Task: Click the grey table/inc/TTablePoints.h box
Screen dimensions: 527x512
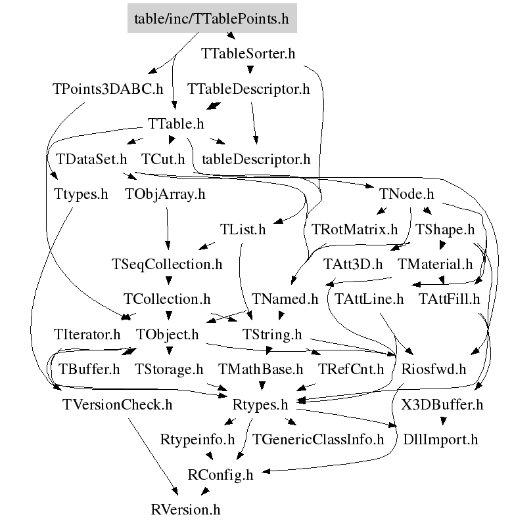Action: [x=212, y=18]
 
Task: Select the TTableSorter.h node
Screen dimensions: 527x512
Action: [x=247, y=54]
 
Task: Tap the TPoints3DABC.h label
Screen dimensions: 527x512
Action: [x=107, y=89]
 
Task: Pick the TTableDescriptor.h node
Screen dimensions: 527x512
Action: [x=248, y=89]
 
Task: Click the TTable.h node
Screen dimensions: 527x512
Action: [x=175, y=124]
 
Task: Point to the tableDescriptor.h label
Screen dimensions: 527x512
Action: [x=256, y=159]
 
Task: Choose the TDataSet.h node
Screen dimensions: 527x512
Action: [x=91, y=159]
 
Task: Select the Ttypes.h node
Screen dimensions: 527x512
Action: [x=81, y=194]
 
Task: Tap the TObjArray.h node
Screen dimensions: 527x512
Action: [x=165, y=194]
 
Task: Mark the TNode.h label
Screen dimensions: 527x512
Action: [x=407, y=194]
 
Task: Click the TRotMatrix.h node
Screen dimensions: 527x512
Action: [x=355, y=230]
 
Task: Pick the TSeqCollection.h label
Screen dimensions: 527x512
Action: [x=167, y=264]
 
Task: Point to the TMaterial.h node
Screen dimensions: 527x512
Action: [x=435, y=264]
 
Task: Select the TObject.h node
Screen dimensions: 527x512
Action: [x=167, y=335]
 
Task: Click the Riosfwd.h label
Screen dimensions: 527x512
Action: [x=433, y=369]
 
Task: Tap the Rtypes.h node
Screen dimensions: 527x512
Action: [x=261, y=405]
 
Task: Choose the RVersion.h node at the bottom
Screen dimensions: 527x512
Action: [x=185, y=509]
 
